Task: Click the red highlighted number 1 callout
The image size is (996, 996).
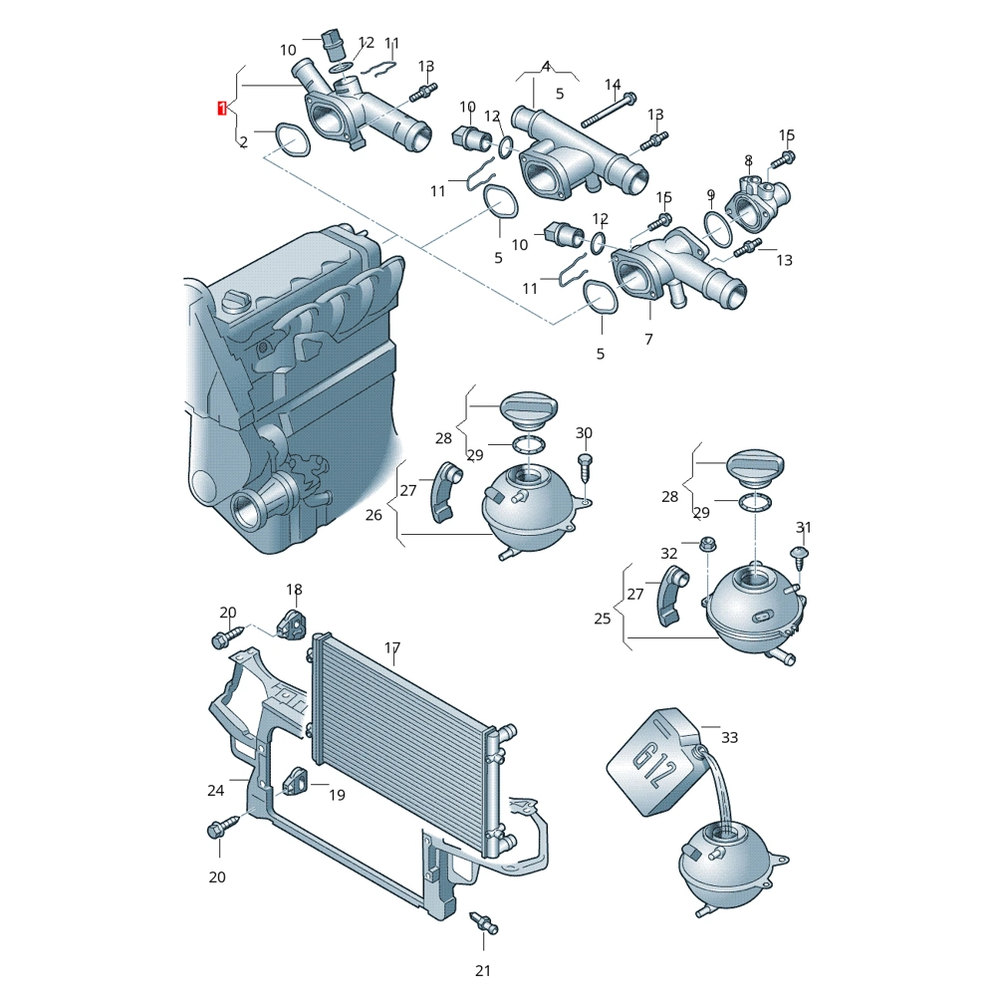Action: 222,109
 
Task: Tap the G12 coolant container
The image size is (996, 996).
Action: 654,762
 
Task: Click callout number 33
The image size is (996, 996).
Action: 729,737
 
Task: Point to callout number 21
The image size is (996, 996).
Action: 483,970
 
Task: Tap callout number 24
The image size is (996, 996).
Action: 215,790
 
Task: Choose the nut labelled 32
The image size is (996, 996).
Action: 706,544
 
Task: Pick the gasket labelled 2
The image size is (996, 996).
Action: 292,139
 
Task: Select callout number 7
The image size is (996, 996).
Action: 648,340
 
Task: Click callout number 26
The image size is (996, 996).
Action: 373,515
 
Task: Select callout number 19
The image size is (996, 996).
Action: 337,795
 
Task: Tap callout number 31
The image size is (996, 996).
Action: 804,527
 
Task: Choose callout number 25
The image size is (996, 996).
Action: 603,619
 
